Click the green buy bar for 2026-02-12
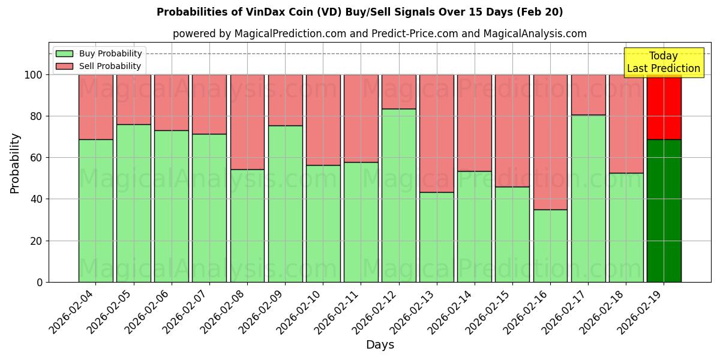399,195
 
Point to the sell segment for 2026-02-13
437,133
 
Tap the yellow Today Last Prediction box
663,62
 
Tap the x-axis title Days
380,345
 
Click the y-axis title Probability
15,163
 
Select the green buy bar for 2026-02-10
323,223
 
